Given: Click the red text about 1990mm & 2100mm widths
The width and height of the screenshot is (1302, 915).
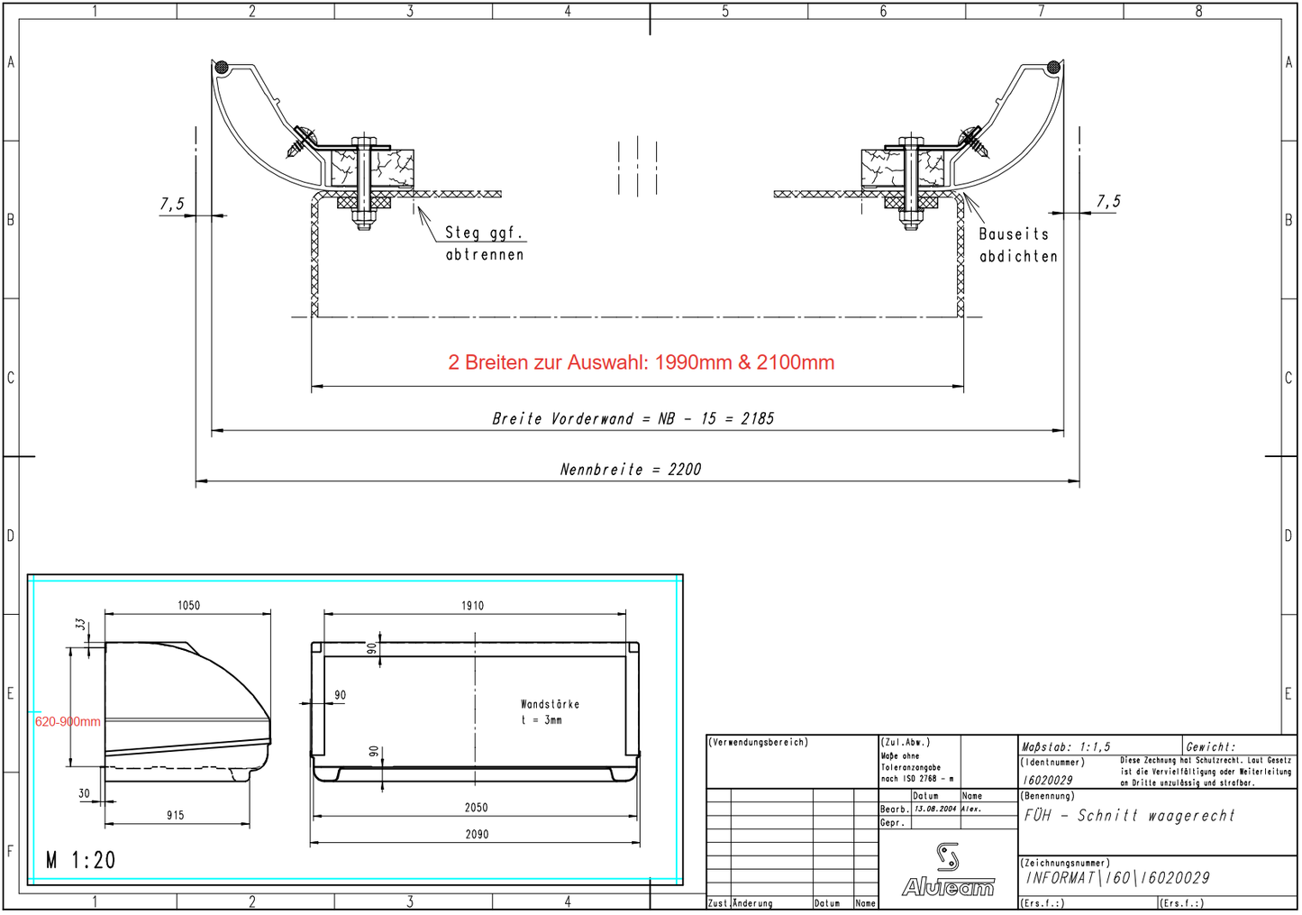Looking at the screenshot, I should click(x=641, y=362).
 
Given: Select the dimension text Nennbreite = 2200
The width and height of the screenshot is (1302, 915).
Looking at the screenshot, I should click(x=630, y=470).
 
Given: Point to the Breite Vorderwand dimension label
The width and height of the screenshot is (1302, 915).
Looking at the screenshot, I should click(x=633, y=419).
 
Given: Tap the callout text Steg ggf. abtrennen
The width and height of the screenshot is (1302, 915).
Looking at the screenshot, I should click(x=485, y=243).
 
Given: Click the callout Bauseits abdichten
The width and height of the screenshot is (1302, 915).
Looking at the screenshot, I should click(x=1017, y=245).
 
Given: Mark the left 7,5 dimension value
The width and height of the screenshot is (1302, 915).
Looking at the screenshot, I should click(x=172, y=205).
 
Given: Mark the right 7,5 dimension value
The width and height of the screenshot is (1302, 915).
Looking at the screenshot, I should click(x=1108, y=202).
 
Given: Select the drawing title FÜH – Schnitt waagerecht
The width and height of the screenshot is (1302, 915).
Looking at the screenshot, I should click(x=1129, y=816).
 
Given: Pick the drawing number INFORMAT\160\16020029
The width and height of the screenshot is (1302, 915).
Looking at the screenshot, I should click(x=1117, y=878).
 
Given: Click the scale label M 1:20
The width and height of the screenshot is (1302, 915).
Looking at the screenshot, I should click(x=81, y=861).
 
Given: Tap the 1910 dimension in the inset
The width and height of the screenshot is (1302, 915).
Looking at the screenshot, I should click(x=472, y=606).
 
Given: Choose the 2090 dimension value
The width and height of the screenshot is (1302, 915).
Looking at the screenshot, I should click(x=477, y=835).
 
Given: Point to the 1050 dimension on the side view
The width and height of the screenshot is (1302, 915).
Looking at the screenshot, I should click(x=188, y=606).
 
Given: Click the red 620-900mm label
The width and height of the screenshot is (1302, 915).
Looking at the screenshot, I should click(x=68, y=722).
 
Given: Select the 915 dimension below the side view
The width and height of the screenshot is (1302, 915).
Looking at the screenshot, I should click(x=175, y=816).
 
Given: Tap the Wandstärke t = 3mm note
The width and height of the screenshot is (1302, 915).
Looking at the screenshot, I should click(x=550, y=712).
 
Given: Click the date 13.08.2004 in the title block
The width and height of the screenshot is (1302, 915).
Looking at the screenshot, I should click(x=935, y=810).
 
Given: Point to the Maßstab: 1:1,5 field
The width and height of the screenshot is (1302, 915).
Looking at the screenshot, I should click(x=1066, y=747).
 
